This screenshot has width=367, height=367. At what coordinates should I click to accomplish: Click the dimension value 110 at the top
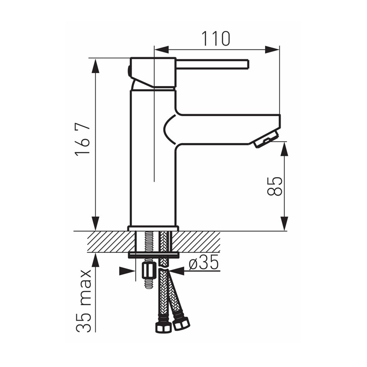pos(216,38)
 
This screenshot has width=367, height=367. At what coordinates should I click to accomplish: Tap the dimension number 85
pos(275,186)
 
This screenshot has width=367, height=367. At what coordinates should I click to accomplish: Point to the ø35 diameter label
pos(203,263)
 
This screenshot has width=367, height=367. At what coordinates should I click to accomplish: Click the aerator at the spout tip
pos(266,140)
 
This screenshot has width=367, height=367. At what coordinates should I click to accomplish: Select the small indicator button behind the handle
pos(129,71)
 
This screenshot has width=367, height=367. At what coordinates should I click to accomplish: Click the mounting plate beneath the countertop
pos(153,255)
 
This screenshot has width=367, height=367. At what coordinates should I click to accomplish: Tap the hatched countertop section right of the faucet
pos(199,242)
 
